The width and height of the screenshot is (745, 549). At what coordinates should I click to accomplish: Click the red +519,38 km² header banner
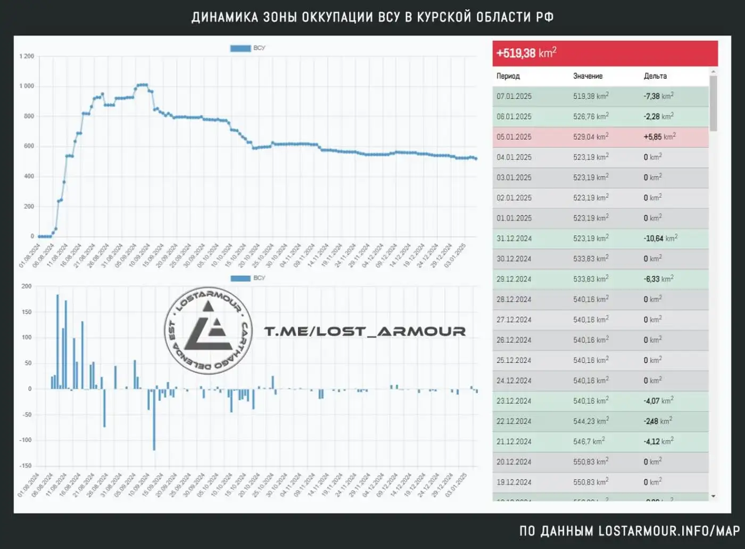[x=605, y=53]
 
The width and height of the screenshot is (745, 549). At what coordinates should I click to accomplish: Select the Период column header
[x=508, y=76]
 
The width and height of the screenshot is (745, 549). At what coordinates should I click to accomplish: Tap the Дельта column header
[x=655, y=76]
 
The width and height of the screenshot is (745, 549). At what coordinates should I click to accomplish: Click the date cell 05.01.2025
[x=514, y=137]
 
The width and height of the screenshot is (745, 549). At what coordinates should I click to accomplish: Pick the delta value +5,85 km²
[x=659, y=137]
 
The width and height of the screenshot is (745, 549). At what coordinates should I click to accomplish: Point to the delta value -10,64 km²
[x=660, y=238]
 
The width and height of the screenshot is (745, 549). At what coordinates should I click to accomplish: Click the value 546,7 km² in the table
[x=589, y=442]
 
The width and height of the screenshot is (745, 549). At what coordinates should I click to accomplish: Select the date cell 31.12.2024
[x=514, y=239]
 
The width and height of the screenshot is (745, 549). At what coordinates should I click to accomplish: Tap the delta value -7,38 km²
[x=658, y=96]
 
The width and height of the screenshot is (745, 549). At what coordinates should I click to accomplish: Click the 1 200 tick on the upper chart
[x=27, y=56]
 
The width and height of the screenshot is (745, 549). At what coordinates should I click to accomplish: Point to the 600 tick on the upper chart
[x=29, y=146]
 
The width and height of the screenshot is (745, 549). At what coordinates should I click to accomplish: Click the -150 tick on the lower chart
[x=26, y=466]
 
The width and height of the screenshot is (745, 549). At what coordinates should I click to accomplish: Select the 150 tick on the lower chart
[x=27, y=312]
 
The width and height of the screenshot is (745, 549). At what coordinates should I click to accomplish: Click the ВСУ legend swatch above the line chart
[x=240, y=48]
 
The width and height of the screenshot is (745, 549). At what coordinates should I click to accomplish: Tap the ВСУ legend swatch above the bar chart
[x=240, y=278]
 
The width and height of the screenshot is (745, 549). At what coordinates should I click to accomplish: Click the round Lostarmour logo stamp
[x=209, y=331]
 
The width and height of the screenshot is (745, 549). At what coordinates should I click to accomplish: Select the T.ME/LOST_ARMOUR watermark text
[x=365, y=332]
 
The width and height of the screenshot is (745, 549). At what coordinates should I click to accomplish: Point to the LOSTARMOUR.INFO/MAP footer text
[x=669, y=530]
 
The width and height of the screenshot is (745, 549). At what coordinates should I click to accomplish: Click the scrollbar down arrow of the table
[x=713, y=496]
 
